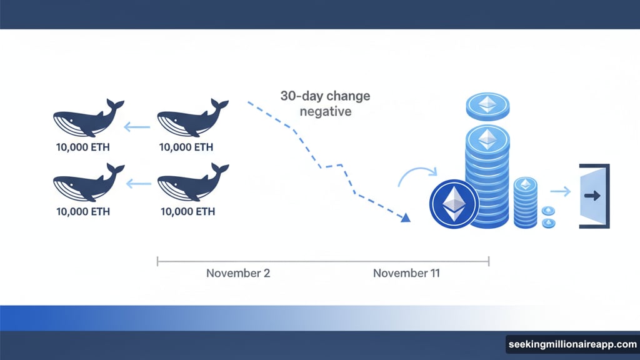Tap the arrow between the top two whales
137,128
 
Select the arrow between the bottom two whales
139,184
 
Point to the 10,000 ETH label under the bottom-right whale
187,212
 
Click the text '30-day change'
325,97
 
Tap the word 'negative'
325,112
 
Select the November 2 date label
238,273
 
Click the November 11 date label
406,273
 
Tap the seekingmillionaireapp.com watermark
571,344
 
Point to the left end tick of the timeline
157,261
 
